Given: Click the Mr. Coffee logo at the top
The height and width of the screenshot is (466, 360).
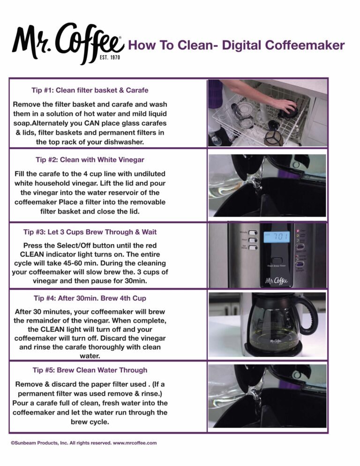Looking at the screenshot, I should [67, 41].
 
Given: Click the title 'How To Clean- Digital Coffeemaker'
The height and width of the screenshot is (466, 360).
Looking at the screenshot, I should [236, 45].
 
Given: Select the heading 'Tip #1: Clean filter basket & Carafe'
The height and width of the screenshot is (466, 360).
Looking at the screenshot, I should [90, 90].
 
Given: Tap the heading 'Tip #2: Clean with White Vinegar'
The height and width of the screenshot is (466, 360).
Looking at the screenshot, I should [90, 159].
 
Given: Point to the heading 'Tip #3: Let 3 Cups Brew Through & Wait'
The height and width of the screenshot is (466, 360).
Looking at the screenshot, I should [90, 232].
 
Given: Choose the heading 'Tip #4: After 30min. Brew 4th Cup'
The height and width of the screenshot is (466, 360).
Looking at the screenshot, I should [90, 298].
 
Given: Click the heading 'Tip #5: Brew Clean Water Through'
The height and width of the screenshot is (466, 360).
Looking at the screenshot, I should [90, 370].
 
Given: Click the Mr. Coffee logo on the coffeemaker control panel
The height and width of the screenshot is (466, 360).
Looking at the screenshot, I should [277, 281].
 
